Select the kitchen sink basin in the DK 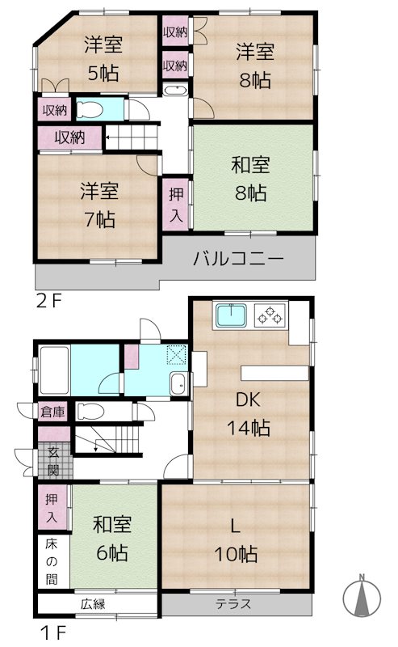[233, 315]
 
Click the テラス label [233, 603]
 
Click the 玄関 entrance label [53, 460]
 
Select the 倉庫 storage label [53, 412]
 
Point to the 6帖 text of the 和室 [112, 554]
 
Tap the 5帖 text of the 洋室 [103, 74]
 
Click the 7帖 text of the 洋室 [98, 218]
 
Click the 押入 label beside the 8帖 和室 [175, 205]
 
